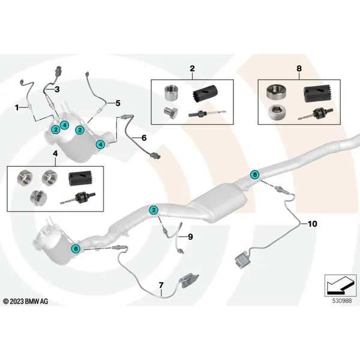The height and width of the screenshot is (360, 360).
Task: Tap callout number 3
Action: point(58,89)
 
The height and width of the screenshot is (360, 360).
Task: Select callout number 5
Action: point(118,103)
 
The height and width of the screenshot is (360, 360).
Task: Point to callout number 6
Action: point(143,137)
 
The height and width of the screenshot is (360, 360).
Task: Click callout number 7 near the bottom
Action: point(161,284)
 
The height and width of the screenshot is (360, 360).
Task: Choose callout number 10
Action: point(311,223)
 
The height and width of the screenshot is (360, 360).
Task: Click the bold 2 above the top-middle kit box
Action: point(191,70)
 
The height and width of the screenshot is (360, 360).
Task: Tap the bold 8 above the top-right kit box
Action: point(299,70)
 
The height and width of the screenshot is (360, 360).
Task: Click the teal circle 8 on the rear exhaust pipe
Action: point(255,175)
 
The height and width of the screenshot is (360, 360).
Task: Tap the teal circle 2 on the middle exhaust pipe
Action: point(154,209)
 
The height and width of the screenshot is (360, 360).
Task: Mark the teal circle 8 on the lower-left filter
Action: point(76,248)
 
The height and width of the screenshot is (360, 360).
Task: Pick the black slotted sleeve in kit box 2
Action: point(206,94)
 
